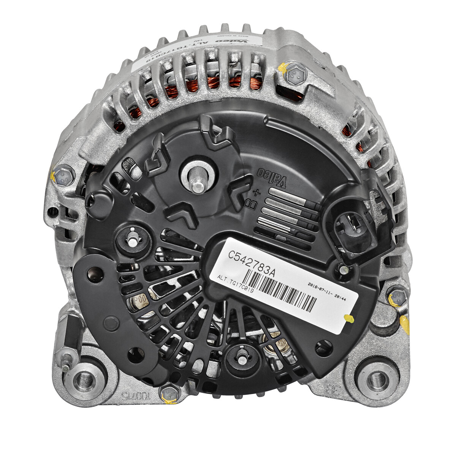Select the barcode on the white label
pos(281,293)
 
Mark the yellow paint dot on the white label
pos(347,318)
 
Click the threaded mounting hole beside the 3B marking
pos(377,378)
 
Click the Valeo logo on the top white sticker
pos(225,40)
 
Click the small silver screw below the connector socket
pos(344,269)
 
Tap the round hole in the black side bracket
pos(92,273)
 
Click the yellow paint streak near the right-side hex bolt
pos(405,323)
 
